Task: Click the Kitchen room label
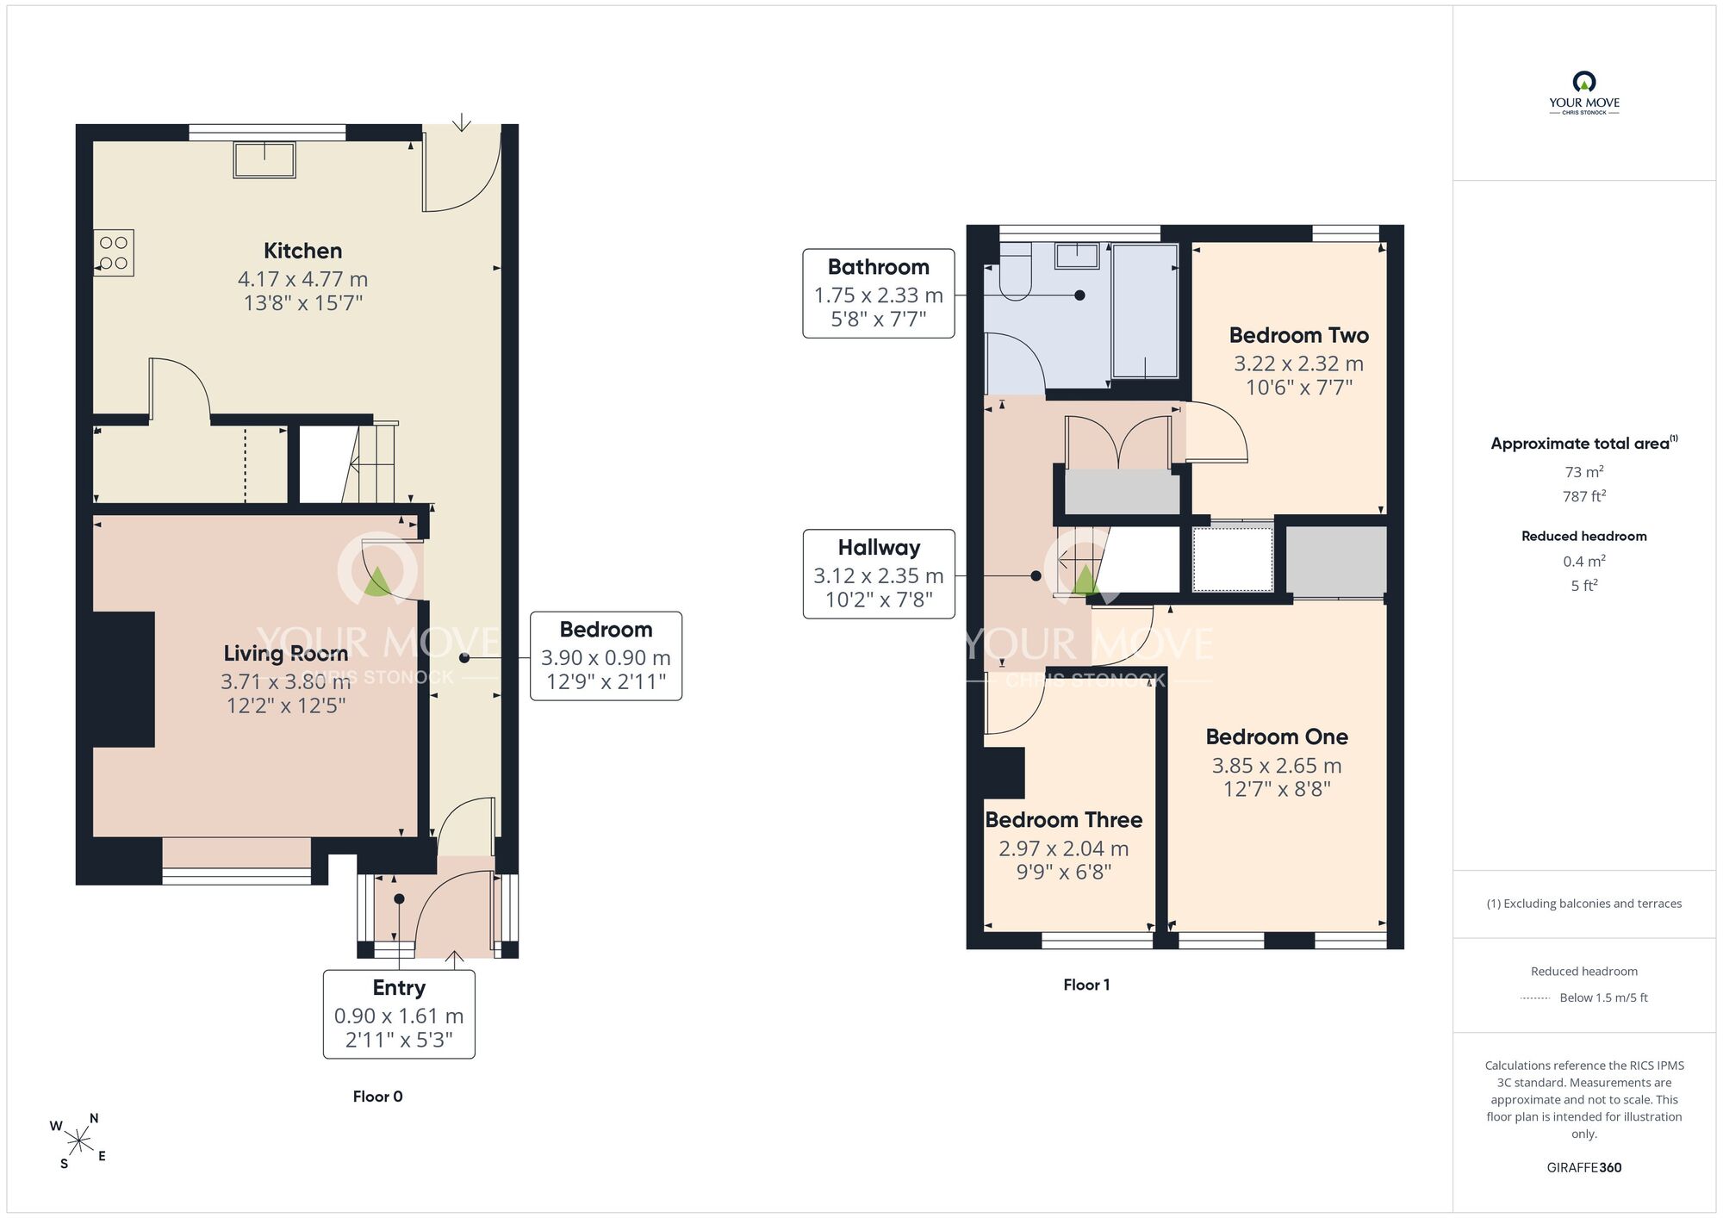point(302,251)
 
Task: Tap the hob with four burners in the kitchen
point(114,253)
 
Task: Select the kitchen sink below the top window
point(264,160)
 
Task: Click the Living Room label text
point(286,654)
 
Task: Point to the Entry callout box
point(399,1014)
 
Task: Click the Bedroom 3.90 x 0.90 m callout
point(606,656)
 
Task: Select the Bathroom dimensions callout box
point(879,293)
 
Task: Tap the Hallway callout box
point(879,574)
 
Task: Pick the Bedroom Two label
point(1298,335)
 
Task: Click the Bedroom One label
point(1277,736)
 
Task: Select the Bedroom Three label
point(1064,819)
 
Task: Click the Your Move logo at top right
point(1583,93)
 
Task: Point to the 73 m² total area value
point(1583,471)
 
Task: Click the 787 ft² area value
point(1583,495)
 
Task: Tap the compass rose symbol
point(79,1141)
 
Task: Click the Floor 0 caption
point(377,1097)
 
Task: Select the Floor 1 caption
point(1086,985)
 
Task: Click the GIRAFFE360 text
point(1583,1168)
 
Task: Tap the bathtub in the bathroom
point(1145,311)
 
